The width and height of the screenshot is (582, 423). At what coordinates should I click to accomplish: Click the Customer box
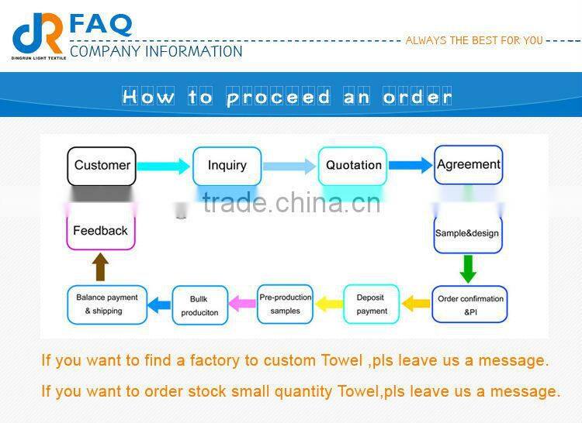[x=102, y=166]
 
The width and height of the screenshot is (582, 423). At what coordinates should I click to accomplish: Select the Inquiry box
[x=227, y=166]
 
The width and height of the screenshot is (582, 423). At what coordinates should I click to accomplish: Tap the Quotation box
[x=352, y=166]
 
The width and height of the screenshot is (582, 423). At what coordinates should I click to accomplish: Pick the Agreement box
[x=469, y=165]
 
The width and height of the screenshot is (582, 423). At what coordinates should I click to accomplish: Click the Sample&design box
[x=468, y=234]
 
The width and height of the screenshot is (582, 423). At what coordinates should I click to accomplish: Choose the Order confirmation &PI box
[x=469, y=304]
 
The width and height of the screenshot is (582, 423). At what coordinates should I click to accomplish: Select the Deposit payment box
[x=372, y=304]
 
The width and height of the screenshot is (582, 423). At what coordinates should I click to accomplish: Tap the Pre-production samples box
[x=285, y=304]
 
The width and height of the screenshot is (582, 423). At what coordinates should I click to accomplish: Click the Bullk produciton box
[x=200, y=305]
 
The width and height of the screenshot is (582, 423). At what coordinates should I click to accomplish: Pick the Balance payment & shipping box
[x=107, y=304]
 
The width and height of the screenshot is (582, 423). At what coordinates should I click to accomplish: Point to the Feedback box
[x=101, y=231]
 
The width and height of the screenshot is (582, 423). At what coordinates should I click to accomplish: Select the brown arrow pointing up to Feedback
[x=100, y=267]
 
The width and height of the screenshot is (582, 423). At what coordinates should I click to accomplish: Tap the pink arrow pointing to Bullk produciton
[x=242, y=304]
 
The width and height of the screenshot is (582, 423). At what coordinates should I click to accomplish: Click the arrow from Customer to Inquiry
[x=164, y=167]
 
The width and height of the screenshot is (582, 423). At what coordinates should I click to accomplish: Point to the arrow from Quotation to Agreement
[x=411, y=165]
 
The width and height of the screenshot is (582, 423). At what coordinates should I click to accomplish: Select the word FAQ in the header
[x=101, y=25]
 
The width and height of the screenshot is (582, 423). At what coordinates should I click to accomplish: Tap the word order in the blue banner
[x=417, y=97]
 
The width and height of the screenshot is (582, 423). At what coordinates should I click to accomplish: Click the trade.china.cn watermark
[x=292, y=203]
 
